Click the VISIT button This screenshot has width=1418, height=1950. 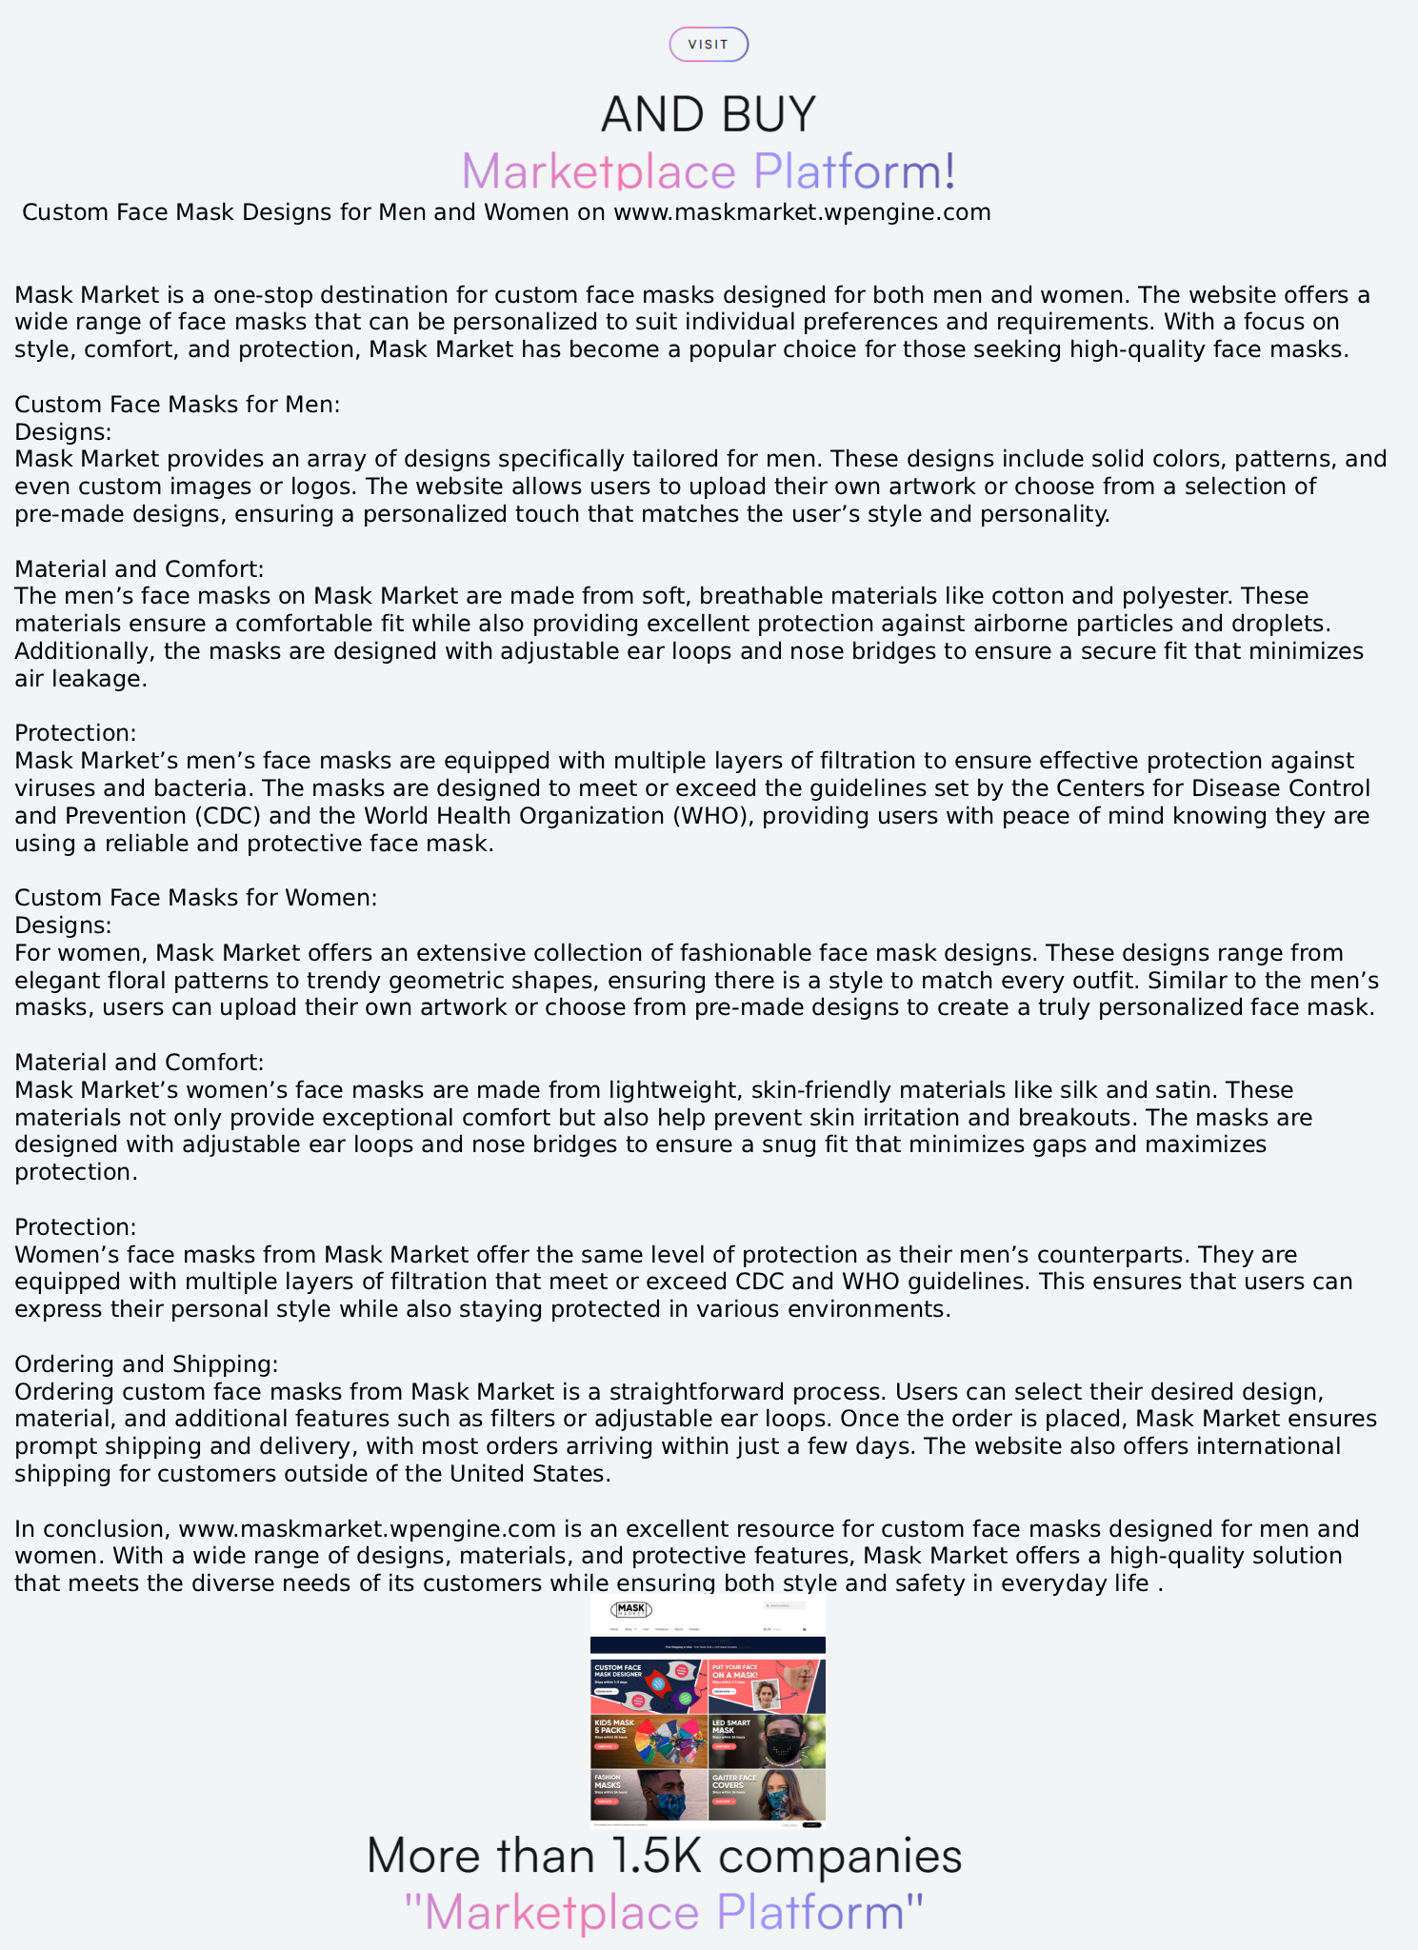point(709,45)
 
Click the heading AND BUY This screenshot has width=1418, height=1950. point(709,114)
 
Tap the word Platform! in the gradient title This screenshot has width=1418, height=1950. point(854,171)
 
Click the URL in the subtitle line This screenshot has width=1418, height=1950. point(802,212)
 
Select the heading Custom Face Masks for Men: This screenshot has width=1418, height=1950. point(177,405)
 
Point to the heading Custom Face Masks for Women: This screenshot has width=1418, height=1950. point(196,898)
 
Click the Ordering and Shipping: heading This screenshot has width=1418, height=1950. point(147,1364)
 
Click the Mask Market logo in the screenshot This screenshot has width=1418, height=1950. point(631,1610)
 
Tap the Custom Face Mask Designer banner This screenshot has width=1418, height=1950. point(649,1686)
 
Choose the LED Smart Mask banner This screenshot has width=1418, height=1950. point(767,1741)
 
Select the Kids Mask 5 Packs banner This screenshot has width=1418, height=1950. point(649,1741)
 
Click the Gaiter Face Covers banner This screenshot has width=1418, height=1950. point(767,1795)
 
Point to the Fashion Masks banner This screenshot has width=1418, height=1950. point(649,1795)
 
